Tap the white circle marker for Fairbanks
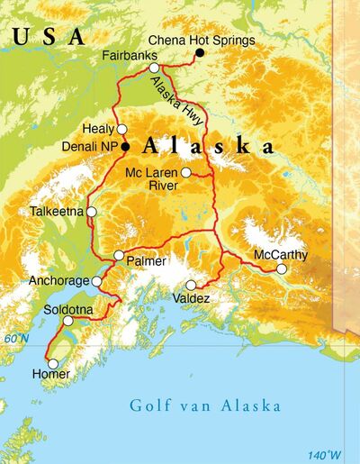pos(154,68)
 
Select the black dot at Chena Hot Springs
pos(200,54)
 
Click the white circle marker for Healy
pos(122,129)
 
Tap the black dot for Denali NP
pos(126,146)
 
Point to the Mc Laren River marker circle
pos(185,172)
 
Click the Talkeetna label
pos(56,212)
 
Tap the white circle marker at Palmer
pos(119,256)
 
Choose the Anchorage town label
pos(59,281)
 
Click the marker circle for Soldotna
pos(67,321)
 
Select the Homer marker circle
pos(52,364)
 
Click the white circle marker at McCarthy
pos(282,268)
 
